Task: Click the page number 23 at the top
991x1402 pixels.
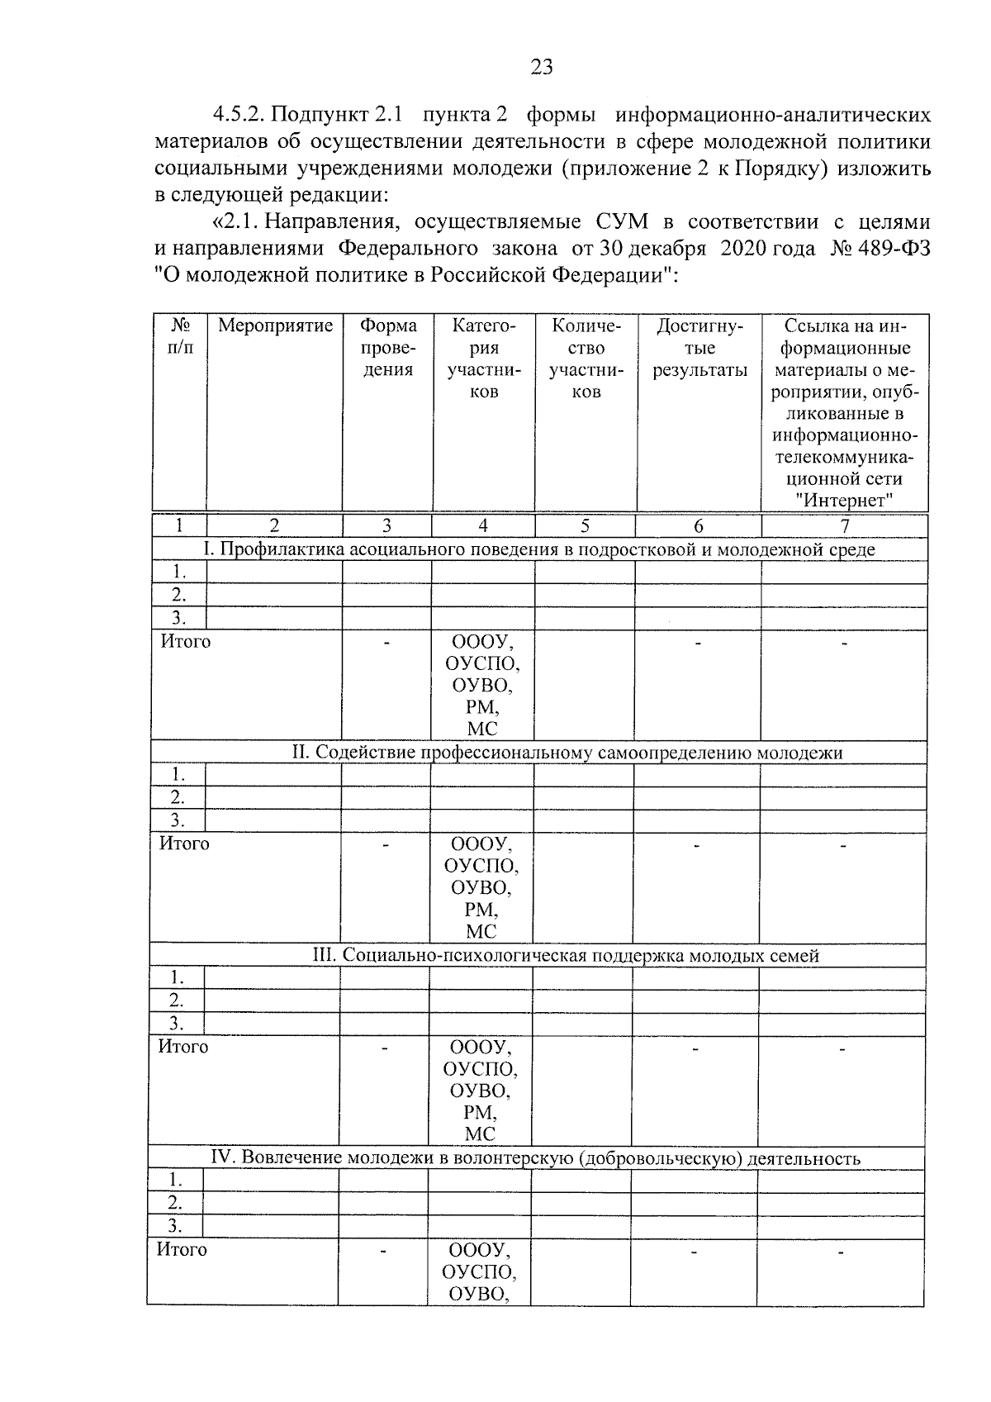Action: (542, 68)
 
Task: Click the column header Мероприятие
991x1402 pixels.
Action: (275, 326)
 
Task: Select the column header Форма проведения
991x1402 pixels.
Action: (387, 348)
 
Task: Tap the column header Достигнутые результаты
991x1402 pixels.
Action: (699, 348)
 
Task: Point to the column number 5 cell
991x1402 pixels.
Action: (585, 526)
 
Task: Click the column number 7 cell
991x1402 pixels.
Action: (844, 526)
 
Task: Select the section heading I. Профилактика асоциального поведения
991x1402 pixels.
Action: (539, 549)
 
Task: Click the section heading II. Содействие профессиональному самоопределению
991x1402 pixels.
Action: (567, 753)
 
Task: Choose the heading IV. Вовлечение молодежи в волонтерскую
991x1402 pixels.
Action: (536, 1158)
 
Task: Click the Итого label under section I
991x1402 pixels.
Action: (186, 642)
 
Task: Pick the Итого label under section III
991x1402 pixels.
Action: (183, 1047)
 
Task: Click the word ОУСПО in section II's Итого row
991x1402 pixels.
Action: (481, 866)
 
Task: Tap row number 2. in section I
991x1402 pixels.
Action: (178, 595)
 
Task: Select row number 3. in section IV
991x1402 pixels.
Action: (175, 1226)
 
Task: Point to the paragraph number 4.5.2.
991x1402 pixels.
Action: (239, 113)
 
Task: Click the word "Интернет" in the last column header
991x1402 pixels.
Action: (845, 500)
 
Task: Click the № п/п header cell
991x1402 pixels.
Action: (180, 337)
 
